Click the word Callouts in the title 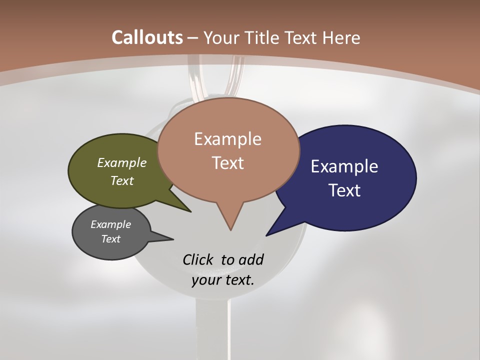tap(147, 37)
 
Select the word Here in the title tap(342, 37)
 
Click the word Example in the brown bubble tap(227, 139)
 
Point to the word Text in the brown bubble tap(228, 163)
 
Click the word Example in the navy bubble tap(344, 166)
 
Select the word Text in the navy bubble tap(344, 190)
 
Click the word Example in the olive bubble tap(122, 163)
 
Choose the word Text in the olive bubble tap(122, 181)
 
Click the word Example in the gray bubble tap(110, 224)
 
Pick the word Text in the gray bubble tap(110, 239)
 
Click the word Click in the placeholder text tap(198, 259)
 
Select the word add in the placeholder tap(250, 259)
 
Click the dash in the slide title tap(193, 38)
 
